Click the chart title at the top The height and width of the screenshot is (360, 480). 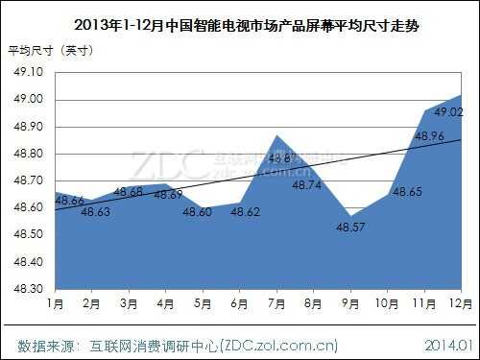[239, 25]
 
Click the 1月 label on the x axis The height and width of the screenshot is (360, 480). [55, 304]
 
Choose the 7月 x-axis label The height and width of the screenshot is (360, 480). [276, 304]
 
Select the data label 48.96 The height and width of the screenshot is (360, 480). [428, 136]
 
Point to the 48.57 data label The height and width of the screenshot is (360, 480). [350, 228]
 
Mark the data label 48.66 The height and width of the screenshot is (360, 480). [68, 201]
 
